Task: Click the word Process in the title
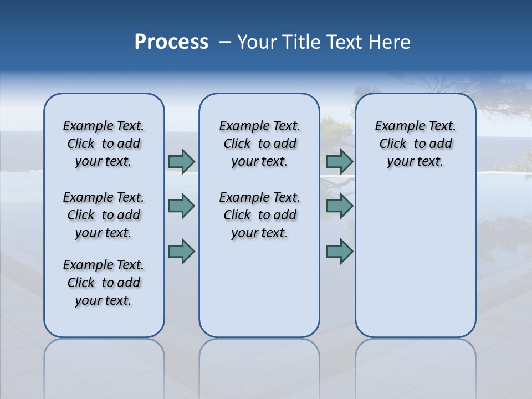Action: (x=171, y=42)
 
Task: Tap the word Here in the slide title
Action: (x=388, y=42)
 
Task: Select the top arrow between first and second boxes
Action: (x=181, y=161)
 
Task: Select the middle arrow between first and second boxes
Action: (x=181, y=206)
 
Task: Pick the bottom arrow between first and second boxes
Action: (x=181, y=251)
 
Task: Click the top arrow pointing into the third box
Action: (x=339, y=161)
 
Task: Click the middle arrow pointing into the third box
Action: (x=339, y=206)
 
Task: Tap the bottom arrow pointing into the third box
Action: (x=339, y=251)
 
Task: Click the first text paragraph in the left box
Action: (x=104, y=144)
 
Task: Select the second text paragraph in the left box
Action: (x=104, y=215)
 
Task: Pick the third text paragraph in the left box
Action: (x=104, y=283)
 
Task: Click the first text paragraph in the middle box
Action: (x=259, y=144)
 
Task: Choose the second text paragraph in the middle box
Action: (x=259, y=215)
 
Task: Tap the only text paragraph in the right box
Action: (x=415, y=144)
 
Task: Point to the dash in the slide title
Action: (x=225, y=42)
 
